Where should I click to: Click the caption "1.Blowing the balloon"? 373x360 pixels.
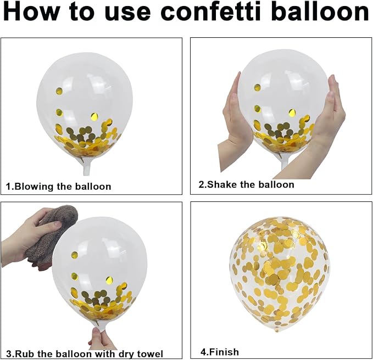pos(59,186)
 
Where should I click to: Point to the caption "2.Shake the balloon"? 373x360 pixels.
pos(247,184)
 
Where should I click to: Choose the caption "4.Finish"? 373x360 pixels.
pos(220,352)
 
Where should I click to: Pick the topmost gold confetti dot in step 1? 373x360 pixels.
pos(59,91)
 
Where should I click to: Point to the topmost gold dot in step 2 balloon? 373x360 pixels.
pos(257,87)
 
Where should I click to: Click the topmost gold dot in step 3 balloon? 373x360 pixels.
pos(75,255)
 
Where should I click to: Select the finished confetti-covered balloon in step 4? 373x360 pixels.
pos(279,274)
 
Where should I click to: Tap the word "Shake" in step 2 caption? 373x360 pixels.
pos(222,184)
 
